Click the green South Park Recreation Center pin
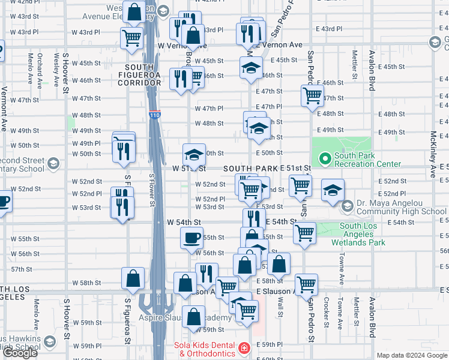point(325,159)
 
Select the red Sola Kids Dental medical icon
point(244,348)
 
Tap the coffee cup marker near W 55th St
point(192,238)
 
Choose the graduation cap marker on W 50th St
point(194,155)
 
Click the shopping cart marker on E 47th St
point(312,95)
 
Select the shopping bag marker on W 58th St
point(133,278)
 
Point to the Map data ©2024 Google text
point(412,355)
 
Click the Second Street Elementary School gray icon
point(53,164)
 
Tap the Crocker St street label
point(326,312)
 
